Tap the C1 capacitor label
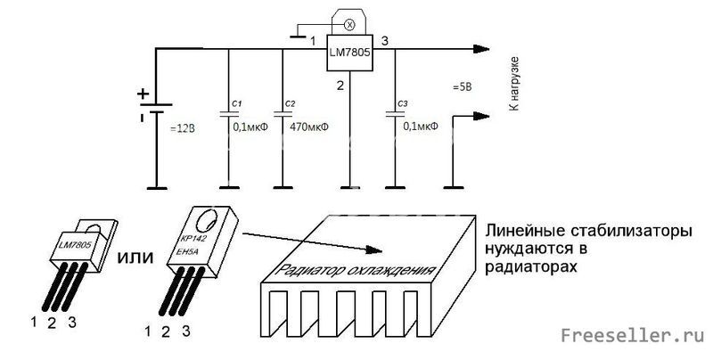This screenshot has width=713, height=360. pos(237,105)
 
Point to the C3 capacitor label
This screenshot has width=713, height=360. pos(403,105)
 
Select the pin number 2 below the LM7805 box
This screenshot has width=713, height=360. pos(340,86)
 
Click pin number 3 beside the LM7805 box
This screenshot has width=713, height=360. pos(384,41)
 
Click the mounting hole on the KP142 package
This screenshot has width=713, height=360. pos(210,219)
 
